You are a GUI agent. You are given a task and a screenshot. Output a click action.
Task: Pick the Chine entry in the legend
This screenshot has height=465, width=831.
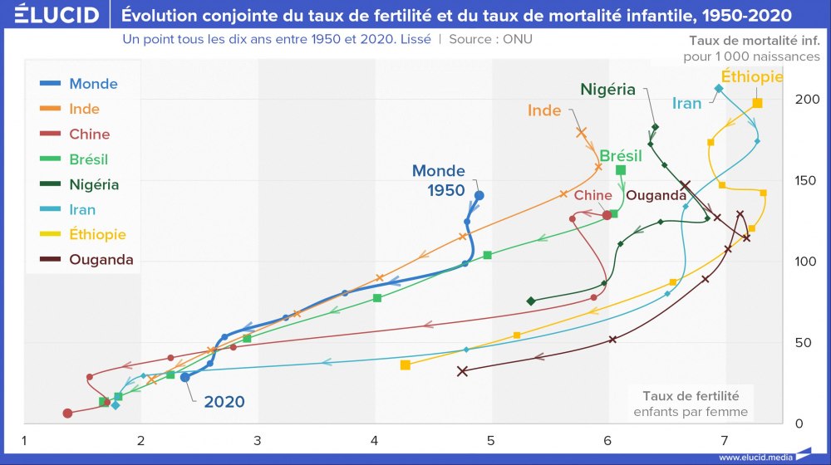(x=89, y=134)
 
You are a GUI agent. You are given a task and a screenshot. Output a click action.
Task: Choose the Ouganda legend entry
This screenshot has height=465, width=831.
(x=101, y=260)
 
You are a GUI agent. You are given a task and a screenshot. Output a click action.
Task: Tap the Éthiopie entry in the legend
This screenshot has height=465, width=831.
(x=97, y=234)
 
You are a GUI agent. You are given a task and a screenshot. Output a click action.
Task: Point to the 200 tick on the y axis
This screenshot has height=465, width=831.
(x=805, y=99)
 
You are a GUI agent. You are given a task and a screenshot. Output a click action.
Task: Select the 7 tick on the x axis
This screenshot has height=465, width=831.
(x=724, y=439)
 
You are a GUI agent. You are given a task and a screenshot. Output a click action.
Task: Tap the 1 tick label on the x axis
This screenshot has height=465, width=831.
(x=25, y=439)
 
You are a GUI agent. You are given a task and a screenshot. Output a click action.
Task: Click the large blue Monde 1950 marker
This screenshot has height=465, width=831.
(x=479, y=195)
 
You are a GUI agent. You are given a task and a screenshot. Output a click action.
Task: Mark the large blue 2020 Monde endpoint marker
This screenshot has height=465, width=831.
(x=185, y=377)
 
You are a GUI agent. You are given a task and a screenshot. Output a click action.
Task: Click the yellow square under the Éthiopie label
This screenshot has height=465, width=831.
(x=757, y=103)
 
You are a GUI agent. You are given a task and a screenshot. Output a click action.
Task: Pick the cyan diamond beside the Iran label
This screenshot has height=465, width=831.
(x=719, y=89)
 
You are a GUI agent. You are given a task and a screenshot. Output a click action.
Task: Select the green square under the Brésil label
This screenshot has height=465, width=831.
(x=621, y=170)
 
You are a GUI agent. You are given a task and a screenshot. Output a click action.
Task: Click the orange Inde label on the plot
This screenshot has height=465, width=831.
(x=544, y=110)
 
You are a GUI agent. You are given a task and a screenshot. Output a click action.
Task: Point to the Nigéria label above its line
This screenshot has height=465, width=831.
(x=607, y=89)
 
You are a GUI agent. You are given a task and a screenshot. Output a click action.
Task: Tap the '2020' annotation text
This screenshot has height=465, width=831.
(x=224, y=402)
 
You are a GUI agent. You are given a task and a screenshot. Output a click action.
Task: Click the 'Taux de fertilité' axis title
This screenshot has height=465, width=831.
(x=690, y=395)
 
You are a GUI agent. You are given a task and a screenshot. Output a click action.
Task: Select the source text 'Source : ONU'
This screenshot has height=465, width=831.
(x=490, y=39)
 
